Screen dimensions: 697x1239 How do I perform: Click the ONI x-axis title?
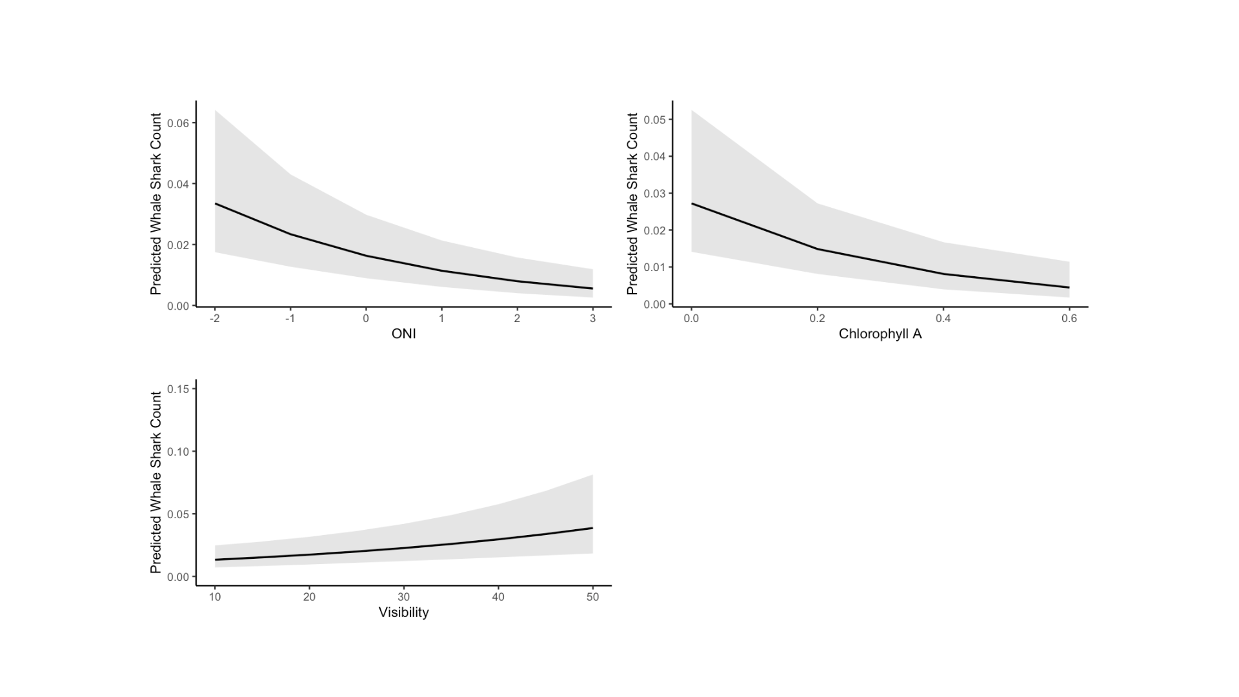pyautogui.click(x=403, y=334)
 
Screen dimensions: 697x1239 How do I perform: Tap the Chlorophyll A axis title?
pyautogui.click(x=880, y=334)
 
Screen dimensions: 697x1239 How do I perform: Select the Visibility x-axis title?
pyautogui.click(x=403, y=612)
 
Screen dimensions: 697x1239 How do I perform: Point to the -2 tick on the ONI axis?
pyautogui.click(x=214, y=319)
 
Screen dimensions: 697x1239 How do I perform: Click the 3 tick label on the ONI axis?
pyautogui.click(x=592, y=319)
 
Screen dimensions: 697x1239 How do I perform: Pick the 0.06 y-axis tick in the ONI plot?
pyautogui.click(x=177, y=123)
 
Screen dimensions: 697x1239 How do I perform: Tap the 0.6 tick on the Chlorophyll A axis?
pyautogui.click(x=1069, y=319)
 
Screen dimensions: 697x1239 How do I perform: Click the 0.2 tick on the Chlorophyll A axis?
pyautogui.click(x=817, y=319)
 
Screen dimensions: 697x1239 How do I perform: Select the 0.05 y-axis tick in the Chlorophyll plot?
pyautogui.click(x=654, y=120)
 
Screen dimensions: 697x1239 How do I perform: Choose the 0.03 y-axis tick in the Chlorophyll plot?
pyautogui.click(x=654, y=194)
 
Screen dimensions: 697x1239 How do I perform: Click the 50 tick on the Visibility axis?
pyautogui.click(x=592, y=597)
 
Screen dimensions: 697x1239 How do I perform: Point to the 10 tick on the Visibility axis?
pyautogui.click(x=215, y=597)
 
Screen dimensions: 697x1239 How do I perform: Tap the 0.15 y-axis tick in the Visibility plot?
pyautogui.click(x=177, y=389)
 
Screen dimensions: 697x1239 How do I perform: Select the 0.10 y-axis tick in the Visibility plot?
pyautogui.click(x=177, y=452)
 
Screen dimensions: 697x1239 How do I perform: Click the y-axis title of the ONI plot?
pyautogui.click(x=156, y=204)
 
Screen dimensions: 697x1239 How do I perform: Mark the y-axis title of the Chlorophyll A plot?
pyautogui.click(x=632, y=204)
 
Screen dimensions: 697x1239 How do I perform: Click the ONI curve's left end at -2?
pyautogui.click(x=215, y=203)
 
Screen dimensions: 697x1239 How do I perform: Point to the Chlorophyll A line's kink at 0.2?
pyautogui.click(x=817, y=249)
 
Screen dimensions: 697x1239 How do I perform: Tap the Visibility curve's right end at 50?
pyautogui.click(x=592, y=528)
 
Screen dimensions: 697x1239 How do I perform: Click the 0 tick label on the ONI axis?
pyautogui.click(x=366, y=319)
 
